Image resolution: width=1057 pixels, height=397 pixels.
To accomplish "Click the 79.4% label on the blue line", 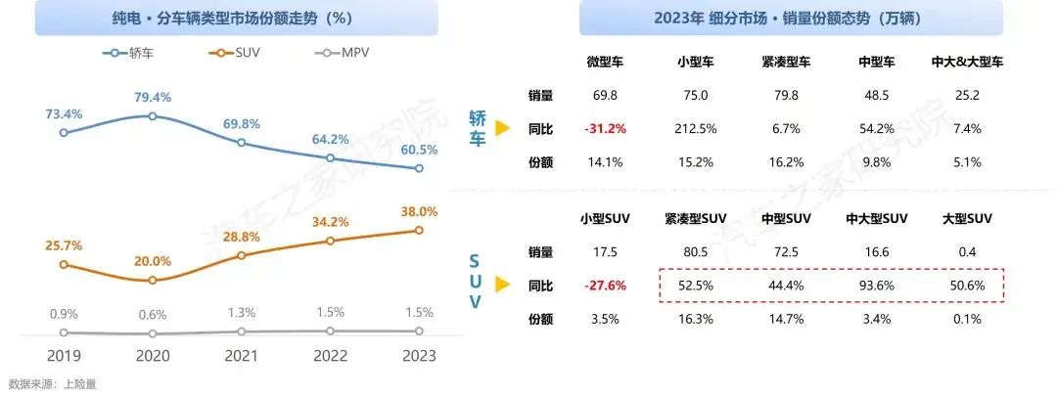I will (152, 97).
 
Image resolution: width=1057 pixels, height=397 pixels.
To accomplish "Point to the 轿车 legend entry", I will (132, 53).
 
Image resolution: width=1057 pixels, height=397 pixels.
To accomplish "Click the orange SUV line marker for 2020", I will (152, 281).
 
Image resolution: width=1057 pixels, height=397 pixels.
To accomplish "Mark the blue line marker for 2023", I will (419, 168).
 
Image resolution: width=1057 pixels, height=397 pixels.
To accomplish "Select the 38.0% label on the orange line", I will (419, 211).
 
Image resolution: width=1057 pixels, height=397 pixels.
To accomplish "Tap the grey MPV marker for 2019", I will (64, 332).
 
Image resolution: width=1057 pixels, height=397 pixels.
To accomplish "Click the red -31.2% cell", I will (605, 129).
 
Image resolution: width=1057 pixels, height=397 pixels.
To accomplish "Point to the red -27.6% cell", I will (605, 286).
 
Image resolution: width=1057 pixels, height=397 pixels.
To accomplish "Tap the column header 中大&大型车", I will (967, 62).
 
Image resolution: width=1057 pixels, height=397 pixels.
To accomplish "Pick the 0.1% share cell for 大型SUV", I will (967, 319).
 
